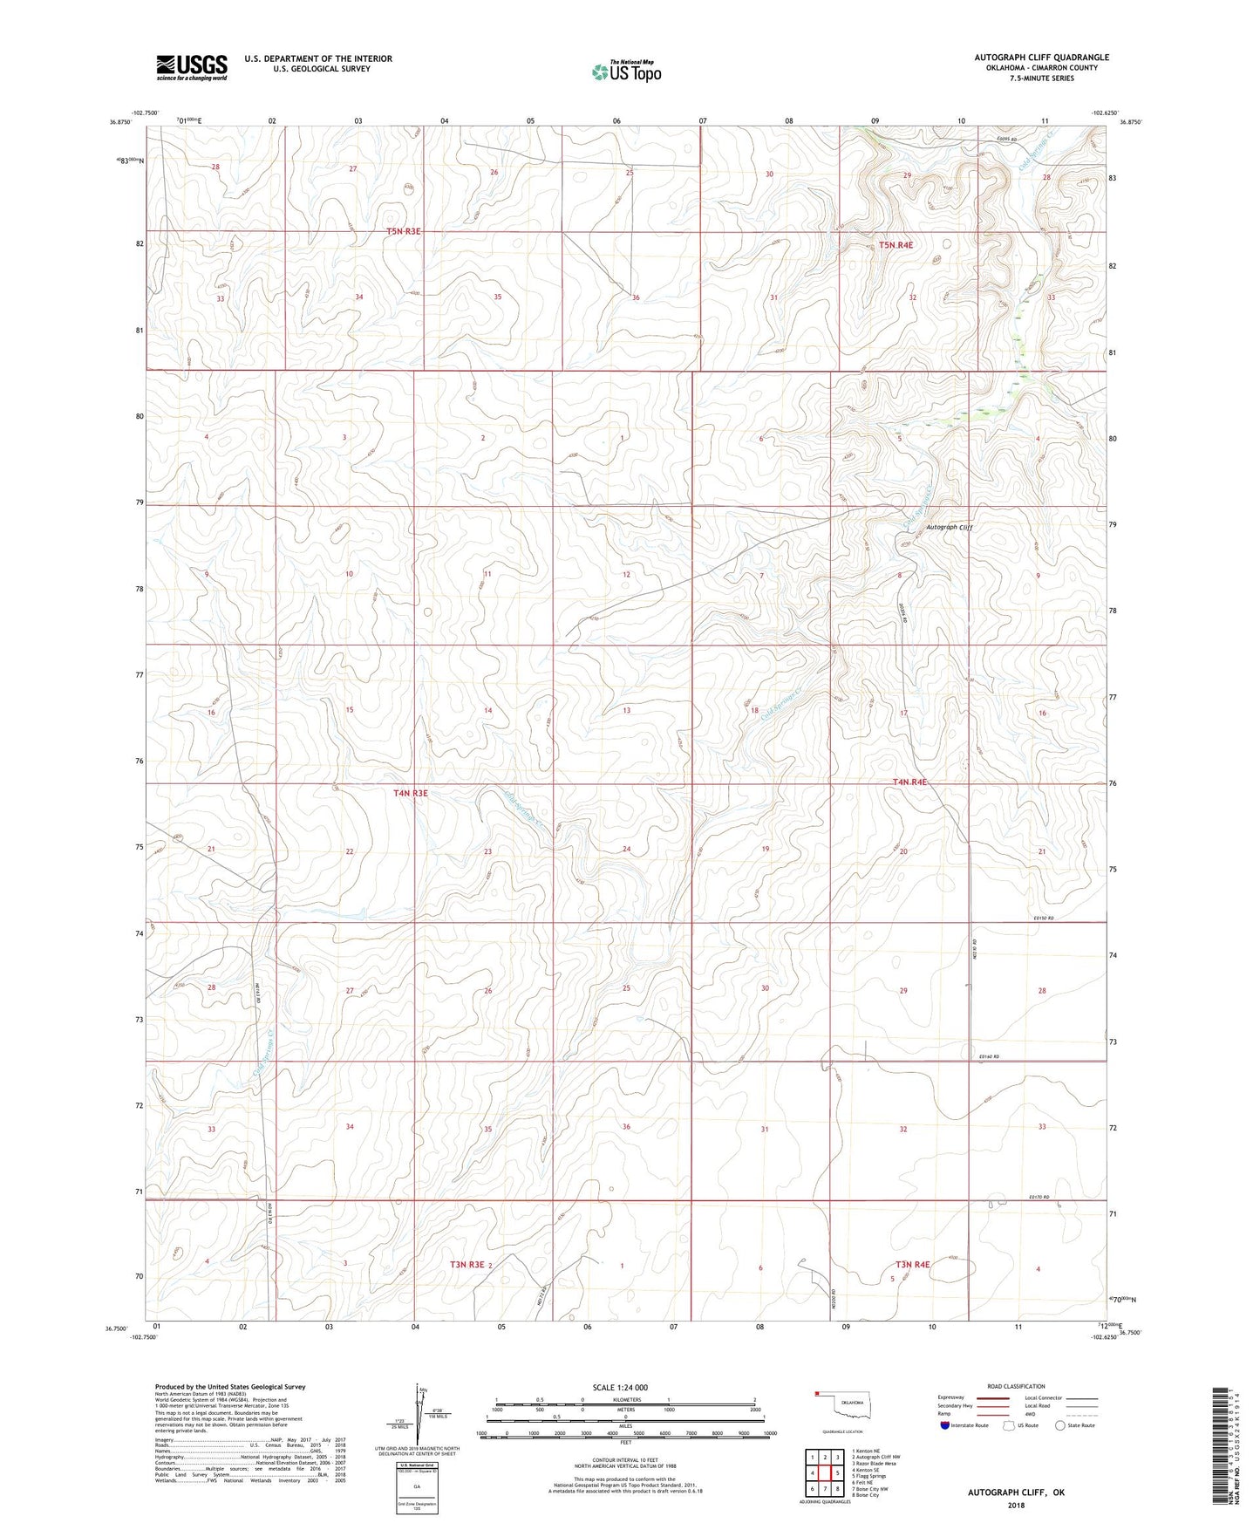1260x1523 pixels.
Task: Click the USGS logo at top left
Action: click(192, 67)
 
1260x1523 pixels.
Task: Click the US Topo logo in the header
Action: click(626, 72)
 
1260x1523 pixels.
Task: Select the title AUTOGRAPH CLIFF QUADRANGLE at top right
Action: click(1041, 58)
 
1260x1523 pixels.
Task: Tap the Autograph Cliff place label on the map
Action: click(949, 527)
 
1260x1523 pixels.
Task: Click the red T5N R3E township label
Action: click(404, 231)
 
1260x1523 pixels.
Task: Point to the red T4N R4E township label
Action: click(909, 782)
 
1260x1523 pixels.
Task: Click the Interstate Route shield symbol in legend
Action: click(946, 1425)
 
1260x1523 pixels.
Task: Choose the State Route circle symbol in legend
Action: click(1060, 1425)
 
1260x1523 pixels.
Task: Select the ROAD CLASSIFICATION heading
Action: click(1016, 1386)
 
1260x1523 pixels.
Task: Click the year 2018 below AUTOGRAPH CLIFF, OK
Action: click(1016, 1505)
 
